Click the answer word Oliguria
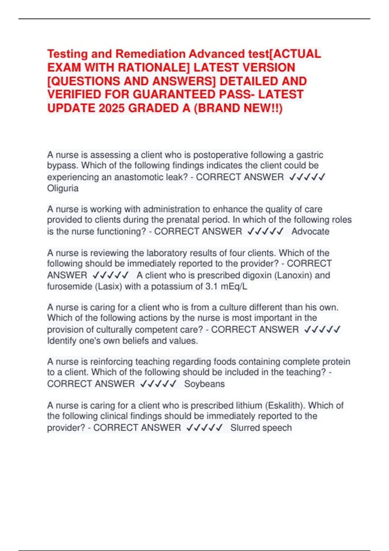click(x=63, y=188)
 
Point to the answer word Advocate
click(x=310, y=231)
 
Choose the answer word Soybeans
click(x=204, y=384)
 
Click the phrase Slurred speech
click(x=261, y=428)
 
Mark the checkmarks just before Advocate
click(x=265, y=231)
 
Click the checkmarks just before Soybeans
click(x=159, y=384)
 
